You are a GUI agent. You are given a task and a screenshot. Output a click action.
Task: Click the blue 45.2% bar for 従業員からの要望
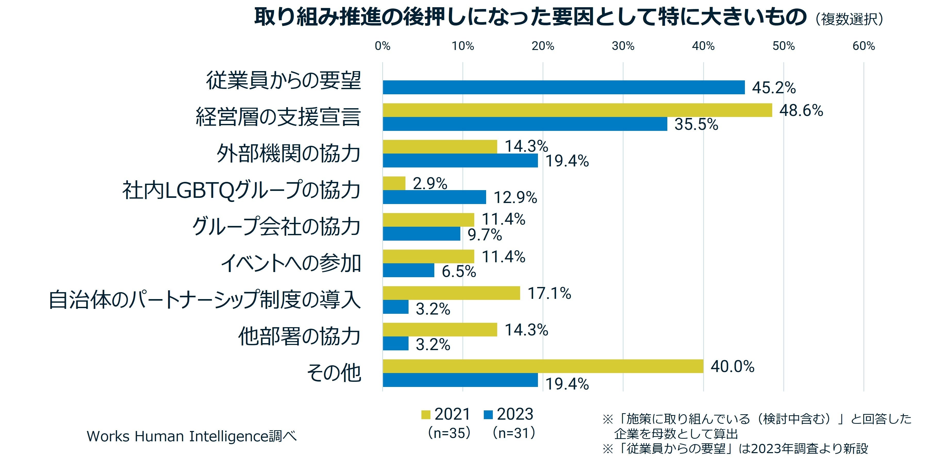(563, 87)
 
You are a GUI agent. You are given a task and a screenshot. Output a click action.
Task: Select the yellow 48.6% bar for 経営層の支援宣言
(577, 110)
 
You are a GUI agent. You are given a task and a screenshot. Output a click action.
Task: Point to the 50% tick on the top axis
(784, 46)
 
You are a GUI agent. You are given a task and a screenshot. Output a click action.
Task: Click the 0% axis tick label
(383, 46)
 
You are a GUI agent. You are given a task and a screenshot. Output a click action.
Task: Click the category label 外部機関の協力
(288, 154)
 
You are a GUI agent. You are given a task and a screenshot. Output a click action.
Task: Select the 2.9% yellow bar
(394, 183)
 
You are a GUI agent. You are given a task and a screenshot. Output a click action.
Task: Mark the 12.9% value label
(515, 198)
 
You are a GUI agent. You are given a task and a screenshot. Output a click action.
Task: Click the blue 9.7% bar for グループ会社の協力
(421, 234)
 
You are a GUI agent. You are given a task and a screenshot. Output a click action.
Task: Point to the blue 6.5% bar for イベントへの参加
(408, 270)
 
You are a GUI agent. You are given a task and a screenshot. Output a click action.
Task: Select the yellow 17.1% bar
(451, 293)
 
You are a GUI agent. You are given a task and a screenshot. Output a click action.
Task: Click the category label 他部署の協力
(299, 336)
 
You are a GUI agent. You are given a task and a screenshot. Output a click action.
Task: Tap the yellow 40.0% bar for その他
(543, 366)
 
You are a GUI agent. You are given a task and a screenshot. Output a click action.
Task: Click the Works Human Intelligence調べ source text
(192, 436)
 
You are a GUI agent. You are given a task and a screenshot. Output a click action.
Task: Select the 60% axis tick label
(863, 46)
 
